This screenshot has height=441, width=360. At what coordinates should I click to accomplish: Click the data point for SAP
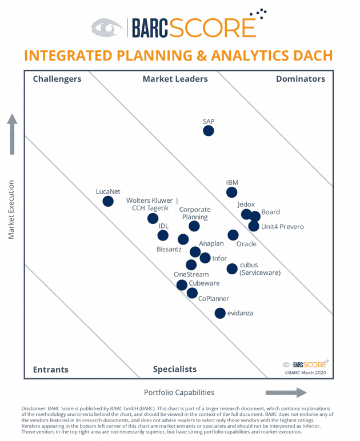[209, 131]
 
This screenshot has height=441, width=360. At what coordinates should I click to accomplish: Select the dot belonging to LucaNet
[107, 201]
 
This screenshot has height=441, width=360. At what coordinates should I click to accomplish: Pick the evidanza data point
[220, 313]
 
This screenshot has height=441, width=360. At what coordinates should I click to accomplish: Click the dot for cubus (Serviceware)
[232, 268]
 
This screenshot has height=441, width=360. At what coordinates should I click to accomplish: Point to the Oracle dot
[233, 235]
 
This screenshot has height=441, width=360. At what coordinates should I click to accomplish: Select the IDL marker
[163, 235]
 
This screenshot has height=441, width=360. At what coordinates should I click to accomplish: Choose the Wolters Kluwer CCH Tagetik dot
[153, 218]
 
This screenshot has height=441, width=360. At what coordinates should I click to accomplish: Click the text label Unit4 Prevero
[282, 227]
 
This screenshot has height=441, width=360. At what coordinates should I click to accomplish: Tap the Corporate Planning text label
[195, 213]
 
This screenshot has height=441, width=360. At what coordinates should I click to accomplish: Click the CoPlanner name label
[213, 298]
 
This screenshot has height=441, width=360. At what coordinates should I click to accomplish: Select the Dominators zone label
[301, 79]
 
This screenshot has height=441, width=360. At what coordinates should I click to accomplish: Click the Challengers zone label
[57, 79]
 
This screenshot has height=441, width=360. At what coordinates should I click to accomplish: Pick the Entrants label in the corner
[51, 369]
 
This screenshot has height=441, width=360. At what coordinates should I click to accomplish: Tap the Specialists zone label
[174, 369]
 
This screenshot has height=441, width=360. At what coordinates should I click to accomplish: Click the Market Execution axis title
[11, 210]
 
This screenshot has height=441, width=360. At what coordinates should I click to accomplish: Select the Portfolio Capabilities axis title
[179, 392]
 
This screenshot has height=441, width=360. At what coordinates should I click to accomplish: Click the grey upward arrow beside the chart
[12, 134]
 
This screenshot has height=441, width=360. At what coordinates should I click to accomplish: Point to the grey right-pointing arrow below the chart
[286, 392]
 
